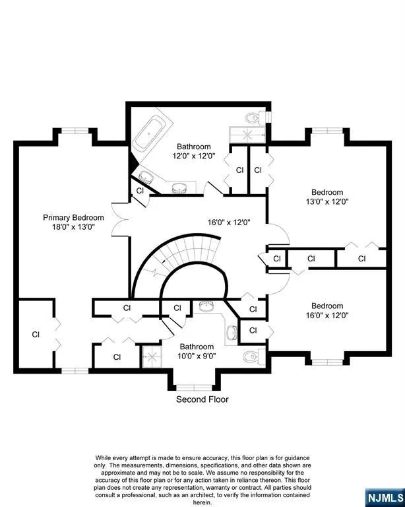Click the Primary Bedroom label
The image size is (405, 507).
[73, 218]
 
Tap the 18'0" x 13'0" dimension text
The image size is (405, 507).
[73, 227]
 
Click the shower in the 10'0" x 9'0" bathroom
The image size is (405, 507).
[152, 357]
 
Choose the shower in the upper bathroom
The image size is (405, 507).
[247, 134]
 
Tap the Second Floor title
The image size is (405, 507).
[202, 399]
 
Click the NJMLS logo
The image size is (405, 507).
[385, 498]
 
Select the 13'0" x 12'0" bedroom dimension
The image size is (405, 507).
[327, 202]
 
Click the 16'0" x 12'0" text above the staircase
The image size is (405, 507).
[229, 222]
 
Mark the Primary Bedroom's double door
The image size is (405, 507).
[119, 219]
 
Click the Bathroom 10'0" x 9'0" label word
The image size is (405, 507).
[197, 347]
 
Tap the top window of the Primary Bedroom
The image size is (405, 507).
[75, 131]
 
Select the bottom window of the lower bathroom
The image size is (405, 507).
[194, 388]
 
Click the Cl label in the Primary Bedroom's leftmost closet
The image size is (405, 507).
[36, 334]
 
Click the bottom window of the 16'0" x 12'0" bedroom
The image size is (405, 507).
[327, 362]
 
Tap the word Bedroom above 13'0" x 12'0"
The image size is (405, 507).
[327, 192]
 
